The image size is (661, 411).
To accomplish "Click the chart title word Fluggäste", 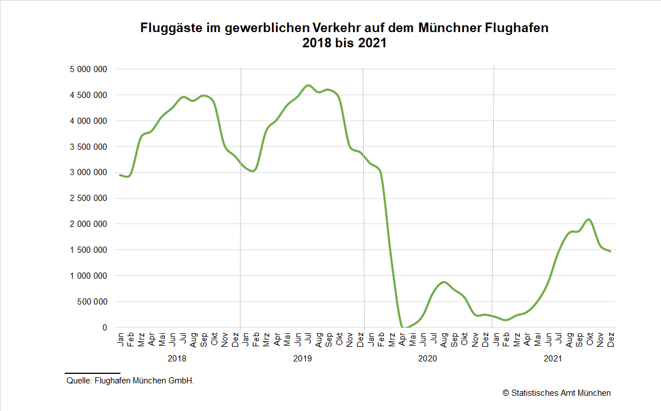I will click(166, 28).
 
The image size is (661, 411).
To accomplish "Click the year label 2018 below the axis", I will click(177, 358).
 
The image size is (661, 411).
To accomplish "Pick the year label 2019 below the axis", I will click(303, 358).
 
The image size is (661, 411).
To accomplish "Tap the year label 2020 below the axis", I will click(428, 358).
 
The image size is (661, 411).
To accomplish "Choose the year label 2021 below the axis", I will click(553, 358).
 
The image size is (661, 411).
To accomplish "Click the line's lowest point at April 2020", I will click(403, 327).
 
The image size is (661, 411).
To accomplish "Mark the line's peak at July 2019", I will click(308, 85).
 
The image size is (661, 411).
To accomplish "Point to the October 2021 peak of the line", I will click(588, 219).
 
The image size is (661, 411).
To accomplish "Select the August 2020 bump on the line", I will click(444, 282).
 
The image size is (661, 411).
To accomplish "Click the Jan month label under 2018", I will click(120, 338).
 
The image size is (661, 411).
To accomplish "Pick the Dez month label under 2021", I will click(610, 339).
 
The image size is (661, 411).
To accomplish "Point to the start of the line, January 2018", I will click(120, 175).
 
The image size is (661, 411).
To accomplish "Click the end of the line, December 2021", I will click(610, 251).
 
